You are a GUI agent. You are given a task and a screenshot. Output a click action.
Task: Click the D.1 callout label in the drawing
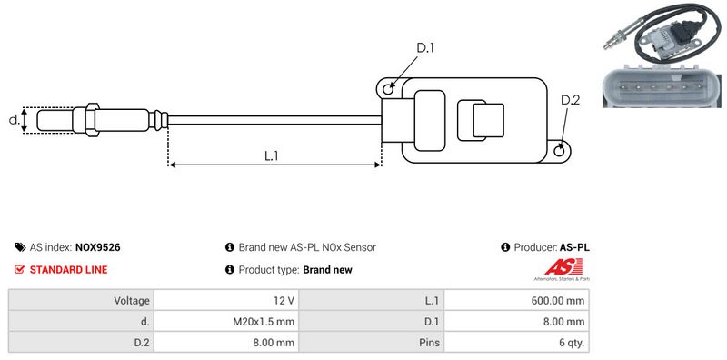pyautogui.click(x=425, y=48)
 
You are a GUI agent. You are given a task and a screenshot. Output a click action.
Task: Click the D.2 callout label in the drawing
pyautogui.click(x=571, y=100)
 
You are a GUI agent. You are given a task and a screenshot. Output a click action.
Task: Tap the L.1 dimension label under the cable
pyautogui.click(x=271, y=155)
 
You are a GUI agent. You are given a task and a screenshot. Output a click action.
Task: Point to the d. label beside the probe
pyautogui.click(x=15, y=120)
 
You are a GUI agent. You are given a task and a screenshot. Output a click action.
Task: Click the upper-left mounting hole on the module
pyautogui.click(x=389, y=88)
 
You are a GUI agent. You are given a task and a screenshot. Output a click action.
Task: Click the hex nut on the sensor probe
pyautogui.click(x=92, y=120)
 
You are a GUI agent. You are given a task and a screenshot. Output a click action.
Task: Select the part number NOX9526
pyautogui.click(x=98, y=247)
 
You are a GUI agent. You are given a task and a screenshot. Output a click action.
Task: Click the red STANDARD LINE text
pyautogui.click(x=69, y=269)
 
